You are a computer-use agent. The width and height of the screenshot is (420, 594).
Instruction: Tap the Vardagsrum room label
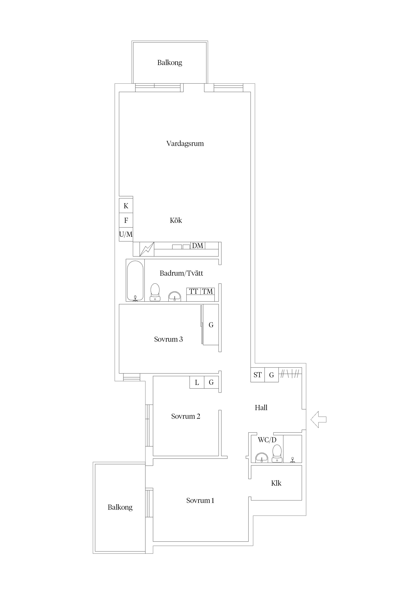click(185, 144)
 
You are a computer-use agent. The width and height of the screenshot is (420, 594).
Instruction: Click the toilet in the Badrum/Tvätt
click(155, 292)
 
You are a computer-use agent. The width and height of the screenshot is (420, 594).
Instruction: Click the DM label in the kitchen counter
click(198, 246)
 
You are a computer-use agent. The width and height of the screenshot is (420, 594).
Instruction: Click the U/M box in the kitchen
click(126, 234)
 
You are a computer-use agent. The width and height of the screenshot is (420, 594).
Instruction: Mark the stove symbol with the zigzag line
click(147, 249)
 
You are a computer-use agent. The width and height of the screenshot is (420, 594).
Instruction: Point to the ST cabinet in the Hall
click(257, 375)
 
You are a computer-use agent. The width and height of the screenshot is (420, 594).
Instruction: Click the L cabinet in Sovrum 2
click(197, 382)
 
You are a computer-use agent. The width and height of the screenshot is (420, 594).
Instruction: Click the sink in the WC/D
click(262, 458)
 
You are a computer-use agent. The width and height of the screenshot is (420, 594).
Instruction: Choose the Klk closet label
click(276, 483)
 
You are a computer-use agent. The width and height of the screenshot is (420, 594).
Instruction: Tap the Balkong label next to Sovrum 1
click(120, 507)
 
